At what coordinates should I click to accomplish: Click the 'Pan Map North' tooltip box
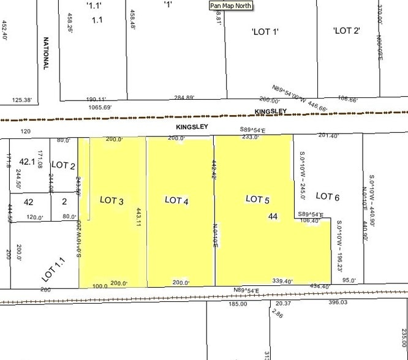(231, 6)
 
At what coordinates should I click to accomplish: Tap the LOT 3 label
(111, 201)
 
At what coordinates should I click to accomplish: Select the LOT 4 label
(176, 200)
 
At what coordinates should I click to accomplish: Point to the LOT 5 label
(257, 199)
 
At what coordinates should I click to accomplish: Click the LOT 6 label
(327, 196)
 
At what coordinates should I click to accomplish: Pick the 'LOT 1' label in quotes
(265, 31)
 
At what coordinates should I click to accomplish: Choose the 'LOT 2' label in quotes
(346, 31)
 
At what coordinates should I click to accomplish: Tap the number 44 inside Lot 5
(273, 216)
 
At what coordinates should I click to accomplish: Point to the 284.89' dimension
(184, 97)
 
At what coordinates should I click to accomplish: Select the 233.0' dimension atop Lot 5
(251, 138)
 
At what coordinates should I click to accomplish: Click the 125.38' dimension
(25, 99)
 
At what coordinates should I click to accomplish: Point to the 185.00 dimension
(237, 304)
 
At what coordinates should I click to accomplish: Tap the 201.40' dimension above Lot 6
(328, 135)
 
